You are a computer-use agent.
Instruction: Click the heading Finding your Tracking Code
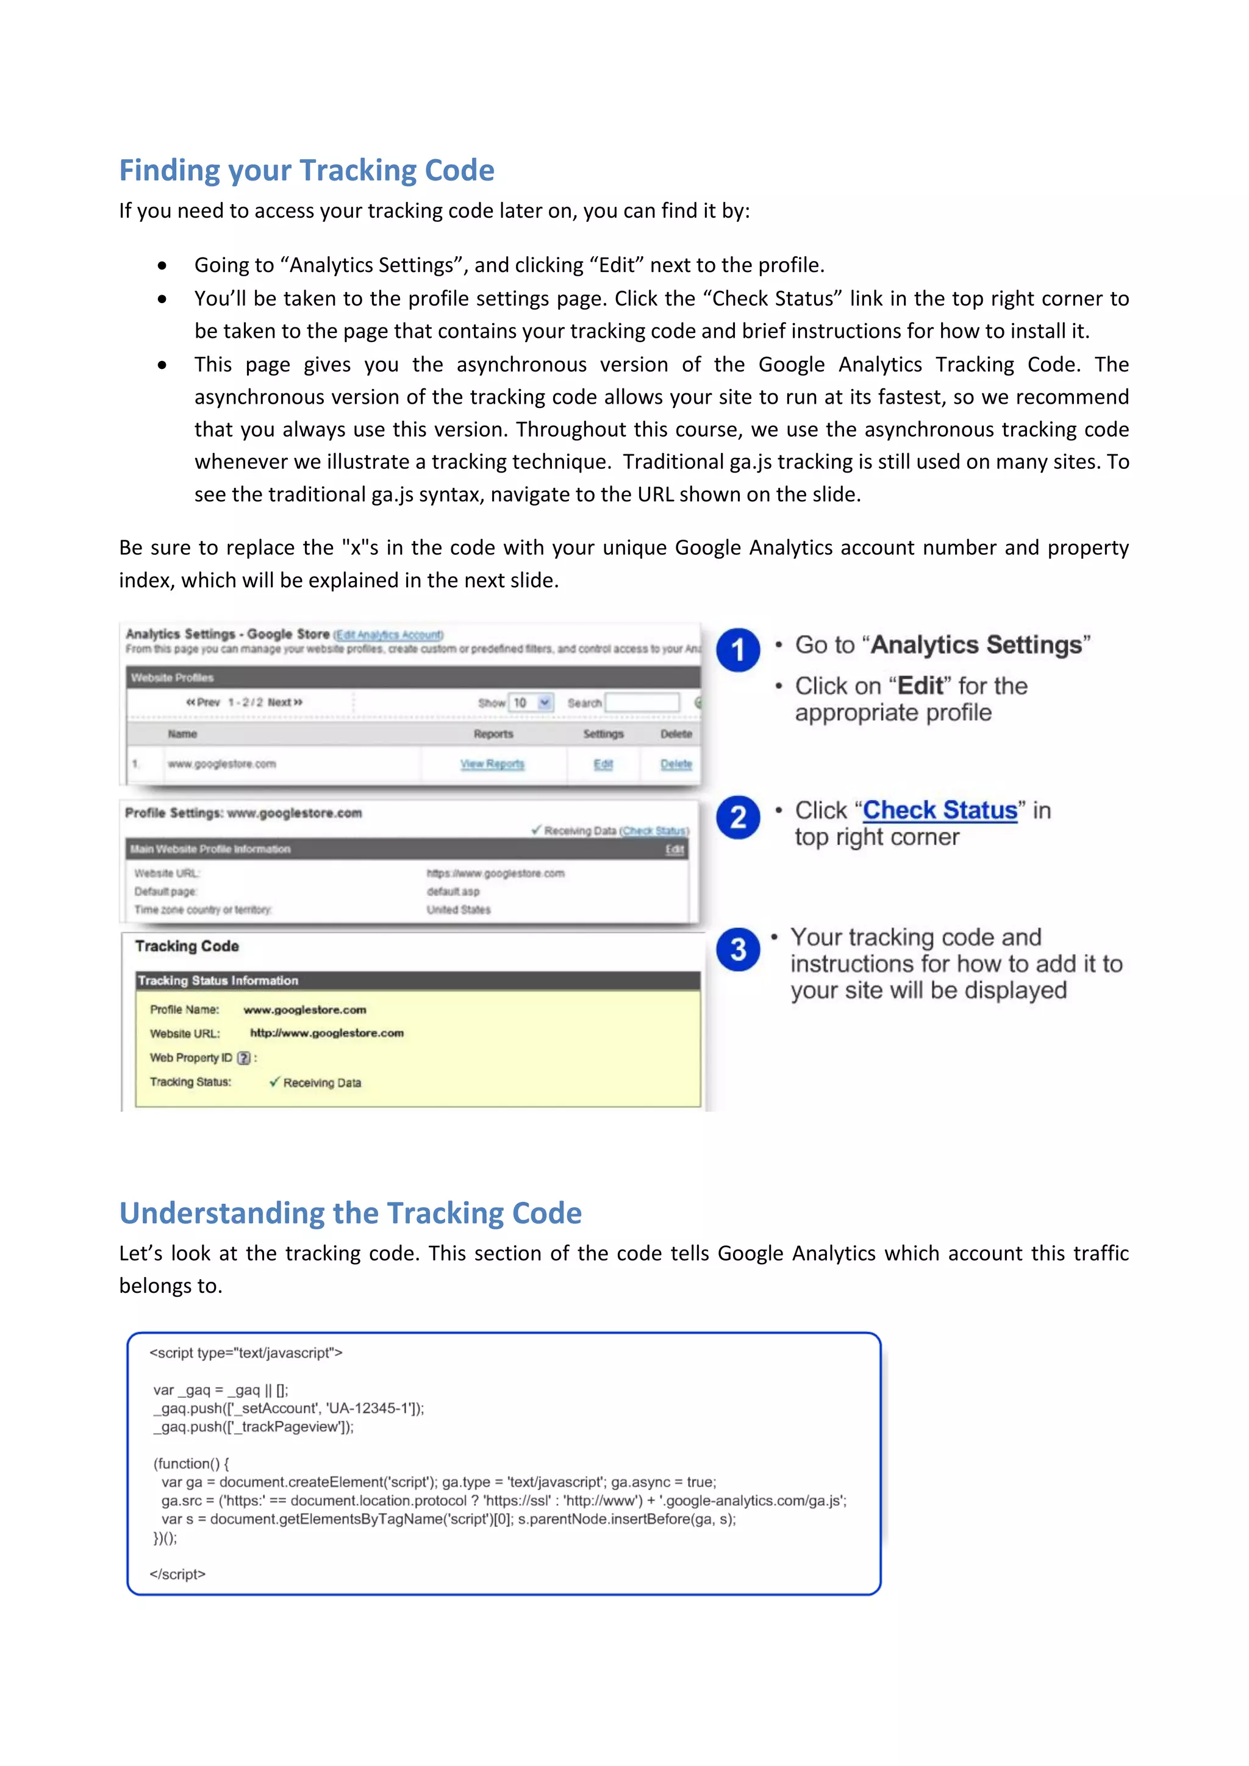click(x=306, y=170)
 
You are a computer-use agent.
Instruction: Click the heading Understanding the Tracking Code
click(x=350, y=1213)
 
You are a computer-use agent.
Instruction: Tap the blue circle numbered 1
click(x=737, y=650)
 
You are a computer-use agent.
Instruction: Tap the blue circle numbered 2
click(x=737, y=817)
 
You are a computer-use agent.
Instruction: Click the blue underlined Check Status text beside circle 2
click(x=940, y=810)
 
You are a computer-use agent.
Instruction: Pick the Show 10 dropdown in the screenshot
click(x=531, y=702)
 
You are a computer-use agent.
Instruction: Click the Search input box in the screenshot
click(x=642, y=702)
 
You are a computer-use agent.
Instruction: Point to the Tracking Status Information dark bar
click(x=418, y=981)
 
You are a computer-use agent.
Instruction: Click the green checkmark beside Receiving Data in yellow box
click(x=274, y=1081)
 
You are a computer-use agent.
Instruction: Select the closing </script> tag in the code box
click(x=177, y=1574)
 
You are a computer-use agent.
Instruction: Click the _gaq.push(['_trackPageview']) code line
click(x=254, y=1427)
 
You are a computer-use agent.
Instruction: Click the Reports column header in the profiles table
click(x=493, y=734)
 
